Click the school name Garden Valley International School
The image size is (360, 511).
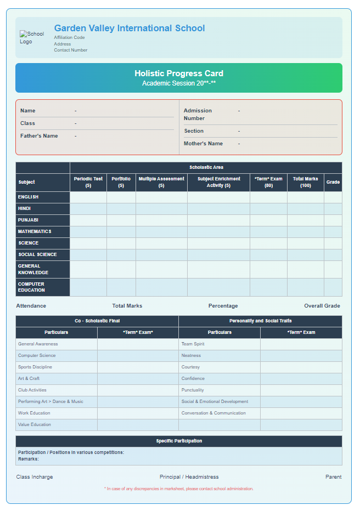click(130, 29)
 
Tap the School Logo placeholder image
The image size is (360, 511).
click(31, 37)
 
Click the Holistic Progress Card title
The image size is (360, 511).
click(179, 73)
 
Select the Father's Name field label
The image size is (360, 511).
click(39, 136)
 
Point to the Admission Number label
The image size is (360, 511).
click(198, 114)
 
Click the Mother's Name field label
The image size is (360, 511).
click(203, 144)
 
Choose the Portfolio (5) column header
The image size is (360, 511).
click(121, 182)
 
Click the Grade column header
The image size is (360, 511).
click(333, 182)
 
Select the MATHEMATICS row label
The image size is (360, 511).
click(35, 231)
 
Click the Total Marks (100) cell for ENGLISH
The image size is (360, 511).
click(305, 197)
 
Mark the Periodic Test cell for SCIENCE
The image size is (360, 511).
click(88, 243)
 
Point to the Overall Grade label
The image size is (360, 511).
click(322, 306)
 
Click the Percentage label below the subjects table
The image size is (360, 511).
click(223, 306)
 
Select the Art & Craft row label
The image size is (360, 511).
click(29, 378)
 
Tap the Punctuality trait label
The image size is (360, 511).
click(193, 390)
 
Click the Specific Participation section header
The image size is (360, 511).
click(179, 441)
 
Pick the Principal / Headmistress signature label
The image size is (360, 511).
click(189, 477)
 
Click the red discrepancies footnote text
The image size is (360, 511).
click(179, 489)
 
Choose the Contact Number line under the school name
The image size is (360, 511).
click(70, 50)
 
